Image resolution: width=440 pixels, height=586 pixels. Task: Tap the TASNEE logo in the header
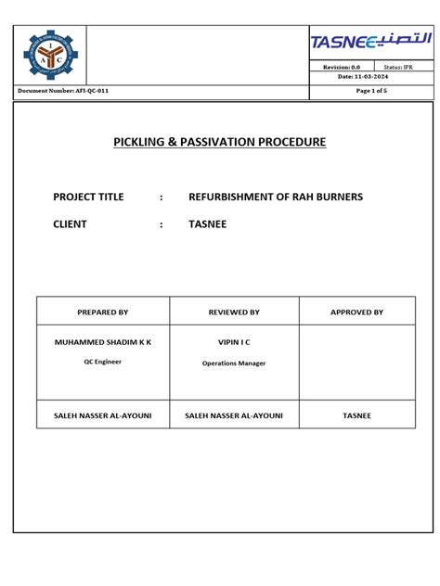tap(371, 42)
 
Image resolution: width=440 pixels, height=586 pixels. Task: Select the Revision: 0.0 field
tap(342, 68)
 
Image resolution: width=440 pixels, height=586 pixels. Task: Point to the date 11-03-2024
tap(372, 77)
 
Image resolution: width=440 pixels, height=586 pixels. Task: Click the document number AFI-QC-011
tap(70, 91)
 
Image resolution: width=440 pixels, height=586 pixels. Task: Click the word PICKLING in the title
tap(143, 143)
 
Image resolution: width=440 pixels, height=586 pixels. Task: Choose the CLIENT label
tap(70, 223)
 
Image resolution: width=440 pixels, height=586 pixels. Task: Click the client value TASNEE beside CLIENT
tap(208, 223)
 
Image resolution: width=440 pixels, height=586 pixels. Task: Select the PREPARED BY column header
tap(103, 312)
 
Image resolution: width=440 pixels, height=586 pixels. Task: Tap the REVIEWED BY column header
tap(234, 312)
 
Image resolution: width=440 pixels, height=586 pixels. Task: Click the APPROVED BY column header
tap(357, 312)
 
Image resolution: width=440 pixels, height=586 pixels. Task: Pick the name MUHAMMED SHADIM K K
tap(103, 342)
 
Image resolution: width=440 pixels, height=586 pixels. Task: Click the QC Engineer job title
tap(103, 362)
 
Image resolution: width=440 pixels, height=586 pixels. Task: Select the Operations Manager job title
tap(234, 363)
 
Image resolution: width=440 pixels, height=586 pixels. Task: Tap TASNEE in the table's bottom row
tap(357, 416)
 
